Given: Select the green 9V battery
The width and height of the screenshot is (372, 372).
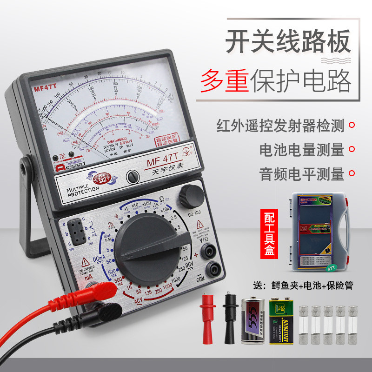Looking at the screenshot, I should [281, 321].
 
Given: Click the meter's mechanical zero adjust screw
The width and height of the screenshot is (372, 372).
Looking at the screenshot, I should [133, 175].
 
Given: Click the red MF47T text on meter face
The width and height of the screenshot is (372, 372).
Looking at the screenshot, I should [44, 87].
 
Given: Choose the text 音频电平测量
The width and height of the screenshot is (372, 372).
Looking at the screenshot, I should [302, 174].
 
